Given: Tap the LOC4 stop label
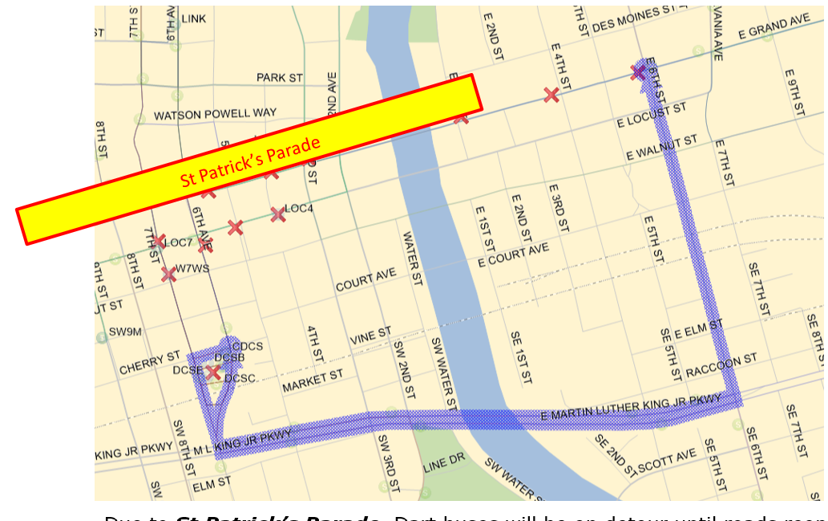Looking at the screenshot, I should coord(299,209).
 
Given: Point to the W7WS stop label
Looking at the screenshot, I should coord(192,268).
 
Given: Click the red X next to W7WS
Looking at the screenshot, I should coord(168,275).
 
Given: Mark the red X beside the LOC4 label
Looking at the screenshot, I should coord(277,214).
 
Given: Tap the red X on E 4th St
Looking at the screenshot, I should coord(551,95).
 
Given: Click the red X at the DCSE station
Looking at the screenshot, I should coord(212,372).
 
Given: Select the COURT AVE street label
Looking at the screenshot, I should coord(366,280).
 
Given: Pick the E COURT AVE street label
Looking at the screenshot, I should coord(513,255).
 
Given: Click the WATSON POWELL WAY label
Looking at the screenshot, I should coord(215,115).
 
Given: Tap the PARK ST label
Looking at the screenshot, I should coord(280,78).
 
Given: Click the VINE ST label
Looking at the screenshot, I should coord(370,336).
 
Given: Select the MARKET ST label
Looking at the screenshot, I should coord(313,381).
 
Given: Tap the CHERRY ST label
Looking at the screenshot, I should coord(150,363).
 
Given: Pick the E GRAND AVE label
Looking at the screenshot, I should coord(774,27).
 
